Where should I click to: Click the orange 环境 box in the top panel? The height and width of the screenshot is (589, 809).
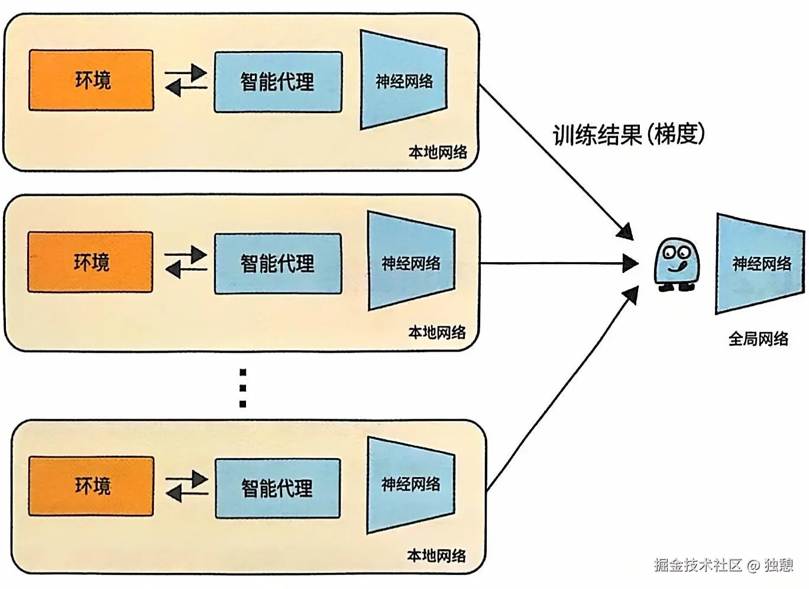pyautogui.click(x=91, y=80)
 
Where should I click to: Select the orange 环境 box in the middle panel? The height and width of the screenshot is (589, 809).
pyautogui.click(x=90, y=262)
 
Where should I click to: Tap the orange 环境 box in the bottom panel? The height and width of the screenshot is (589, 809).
pyautogui.click(x=91, y=486)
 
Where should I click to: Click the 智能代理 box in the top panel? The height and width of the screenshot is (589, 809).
pyautogui.click(x=278, y=82)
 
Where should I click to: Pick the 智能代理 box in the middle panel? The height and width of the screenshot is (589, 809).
pyautogui.click(x=278, y=263)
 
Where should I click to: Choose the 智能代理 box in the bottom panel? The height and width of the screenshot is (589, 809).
pyautogui.click(x=277, y=488)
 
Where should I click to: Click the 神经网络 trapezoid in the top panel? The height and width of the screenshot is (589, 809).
pyautogui.click(x=404, y=81)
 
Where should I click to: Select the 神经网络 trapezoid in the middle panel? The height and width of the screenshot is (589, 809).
pyautogui.click(x=411, y=262)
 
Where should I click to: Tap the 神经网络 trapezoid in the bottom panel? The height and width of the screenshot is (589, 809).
pyautogui.click(x=411, y=485)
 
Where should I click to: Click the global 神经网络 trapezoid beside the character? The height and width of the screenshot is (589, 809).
pyautogui.click(x=761, y=263)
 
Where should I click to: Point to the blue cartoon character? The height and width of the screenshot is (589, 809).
pyautogui.click(x=676, y=265)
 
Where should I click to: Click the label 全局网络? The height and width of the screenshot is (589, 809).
pyautogui.click(x=758, y=339)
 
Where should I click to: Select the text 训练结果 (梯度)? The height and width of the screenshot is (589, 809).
pyautogui.click(x=629, y=135)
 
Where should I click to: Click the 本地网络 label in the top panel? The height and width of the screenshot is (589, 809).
pyautogui.click(x=438, y=152)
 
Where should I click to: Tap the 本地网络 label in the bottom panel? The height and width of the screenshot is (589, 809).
pyautogui.click(x=436, y=555)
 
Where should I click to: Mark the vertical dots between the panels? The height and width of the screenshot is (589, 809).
pyautogui.click(x=242, y=388)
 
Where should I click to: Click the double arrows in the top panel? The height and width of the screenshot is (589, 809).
pyautogui.click(x=186, y=81)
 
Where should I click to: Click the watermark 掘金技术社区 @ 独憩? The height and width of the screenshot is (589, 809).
pyautogui.click(x=723, y=565)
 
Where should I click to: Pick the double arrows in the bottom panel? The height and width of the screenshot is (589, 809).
pyautogui.click(x=186, y=486)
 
